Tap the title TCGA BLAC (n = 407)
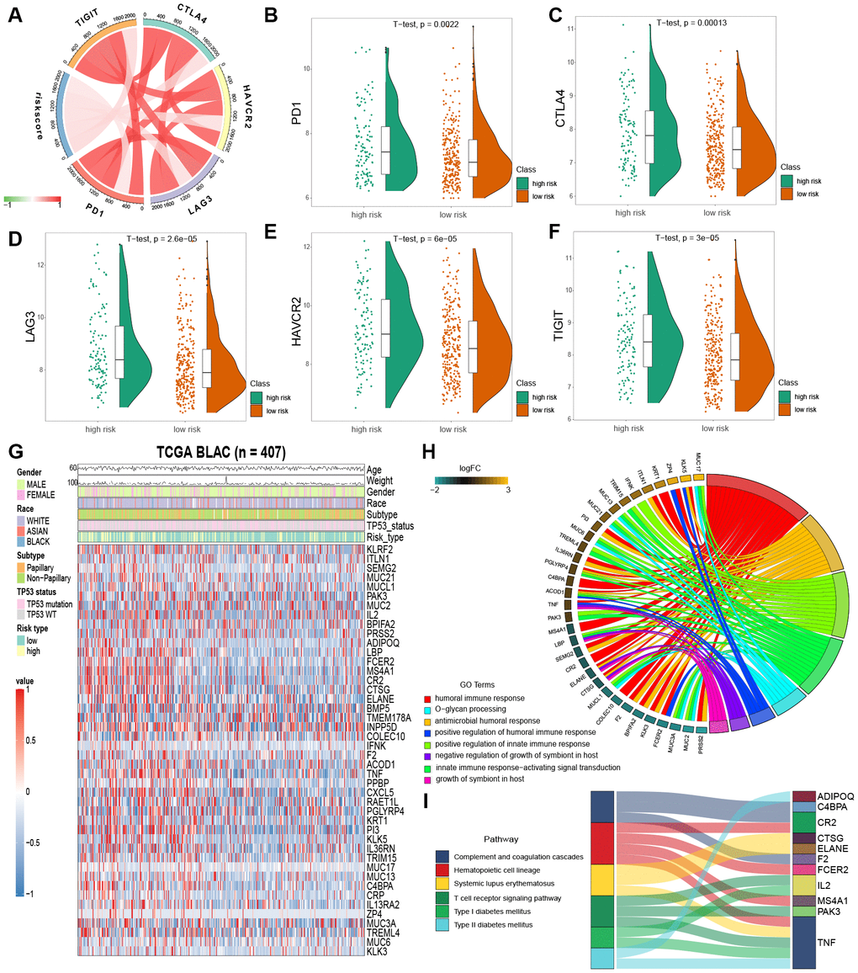(221, 452)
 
